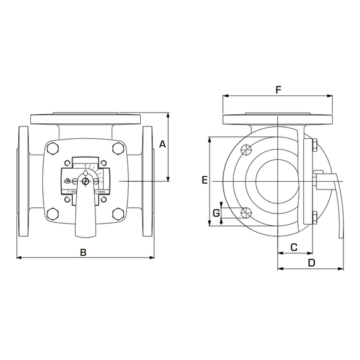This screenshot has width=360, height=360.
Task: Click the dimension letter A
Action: [x=162, y=144]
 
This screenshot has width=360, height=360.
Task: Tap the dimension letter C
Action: [x=294, y=246]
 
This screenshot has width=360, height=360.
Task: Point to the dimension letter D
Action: [x=311, y=262]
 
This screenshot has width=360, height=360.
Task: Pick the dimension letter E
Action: [x=204, y=181]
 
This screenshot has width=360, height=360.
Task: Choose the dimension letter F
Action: [x=278, y=90]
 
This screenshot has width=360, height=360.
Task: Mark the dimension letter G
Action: [x=216, y=213]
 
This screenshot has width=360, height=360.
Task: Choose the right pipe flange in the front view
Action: [x=148, y=182]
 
